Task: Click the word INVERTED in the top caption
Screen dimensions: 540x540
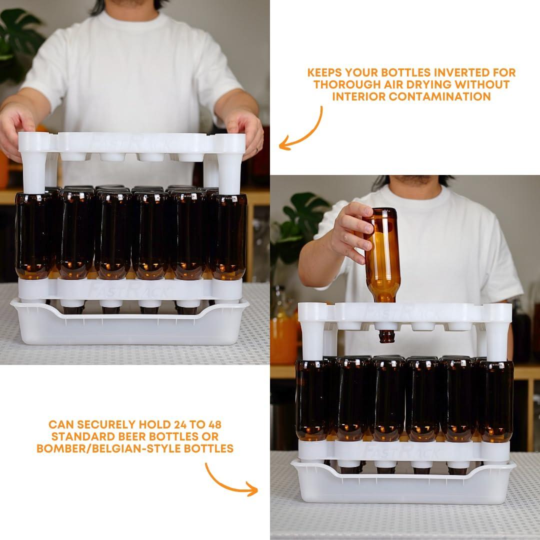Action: point(454,72)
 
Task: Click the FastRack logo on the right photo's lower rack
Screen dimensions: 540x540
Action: point(402,451)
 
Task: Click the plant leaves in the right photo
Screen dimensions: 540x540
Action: point(302,220)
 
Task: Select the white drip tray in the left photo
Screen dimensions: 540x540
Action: point(130,327)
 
